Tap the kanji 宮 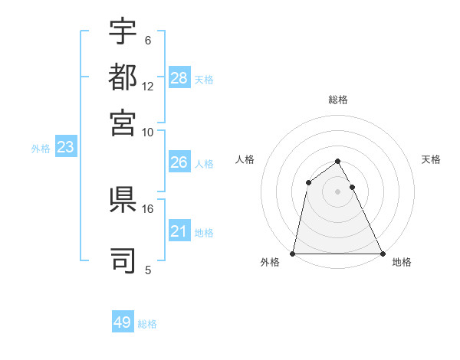tap(123, 123)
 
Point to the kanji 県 tap(123, 200)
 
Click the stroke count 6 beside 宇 tap(148, 41)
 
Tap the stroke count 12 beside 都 tap(148, 87)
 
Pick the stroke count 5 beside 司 tap(148, 270)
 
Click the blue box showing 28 tap(179, 78)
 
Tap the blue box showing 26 tap(179, 162)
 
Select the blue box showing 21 tap(179, 231)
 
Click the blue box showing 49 tap(123, 322)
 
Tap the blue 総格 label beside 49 tap(148, 324)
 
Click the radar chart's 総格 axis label tap(338, 100)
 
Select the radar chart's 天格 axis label tap(432, 159)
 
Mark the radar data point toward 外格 tap(293, 254)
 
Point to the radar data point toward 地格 tap(382, 254)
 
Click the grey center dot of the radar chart tap(337, 191)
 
